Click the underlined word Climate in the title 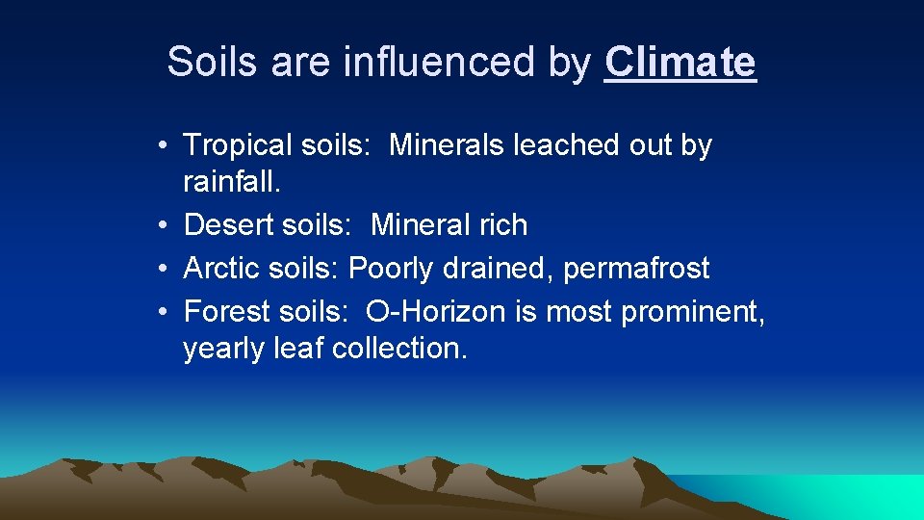pos(680,63)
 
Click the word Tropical pos(237,145)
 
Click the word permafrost pos(636,269)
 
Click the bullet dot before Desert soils pos(167,225)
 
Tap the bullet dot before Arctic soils pos(167,269)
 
